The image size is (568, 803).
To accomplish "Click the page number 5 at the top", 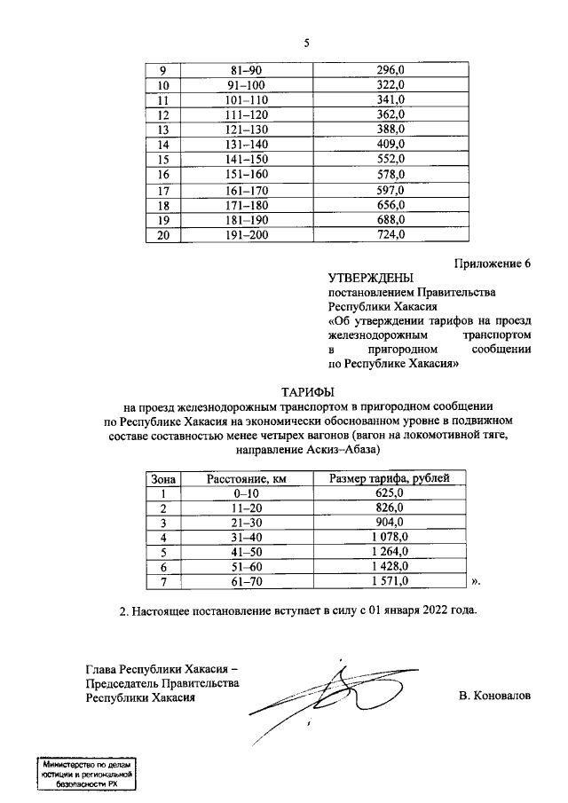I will tap(305, 42).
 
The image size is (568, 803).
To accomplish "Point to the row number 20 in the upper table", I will tap(162, 235).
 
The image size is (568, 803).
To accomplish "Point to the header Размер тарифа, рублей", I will tap(390, 479).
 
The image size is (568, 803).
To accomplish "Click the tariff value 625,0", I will tap(390, 493).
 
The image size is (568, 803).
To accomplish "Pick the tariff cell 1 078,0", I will tap(390, 538).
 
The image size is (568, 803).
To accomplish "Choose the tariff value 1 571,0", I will tap(390, 582).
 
